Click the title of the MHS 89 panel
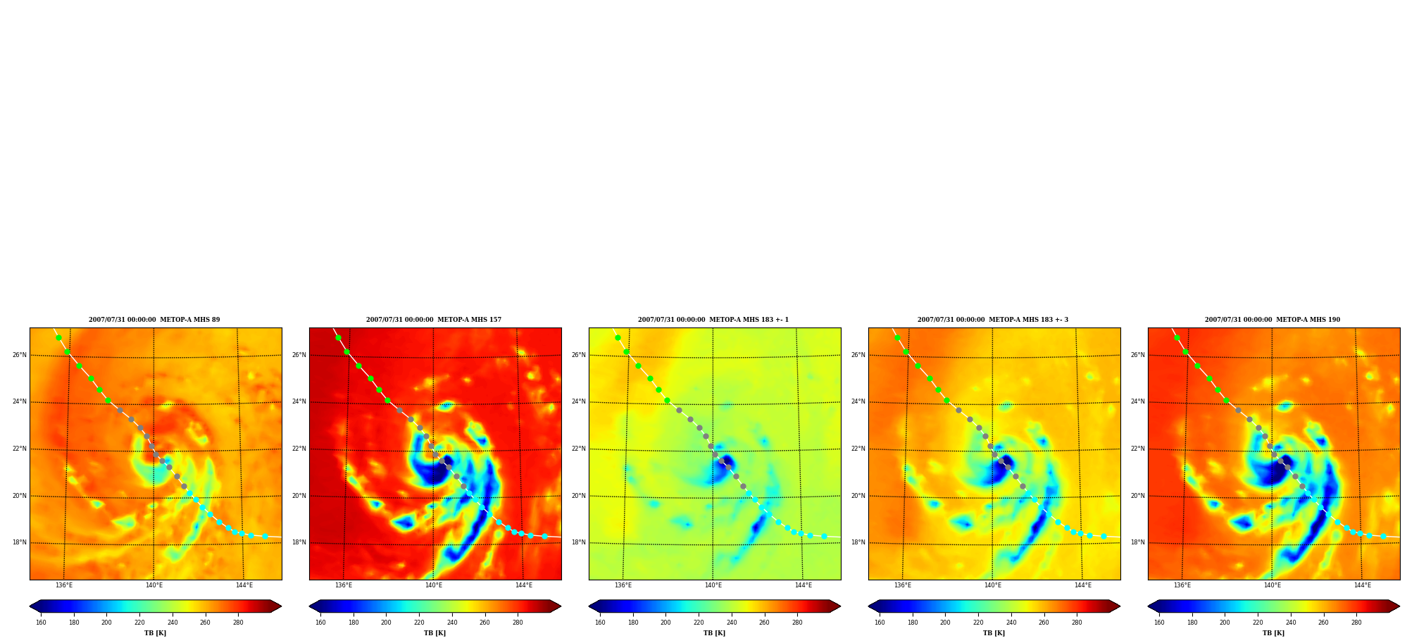154,320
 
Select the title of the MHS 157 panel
434,320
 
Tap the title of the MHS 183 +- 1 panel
713,320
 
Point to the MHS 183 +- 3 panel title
993,320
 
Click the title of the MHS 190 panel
1272,320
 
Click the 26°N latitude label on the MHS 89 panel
20,355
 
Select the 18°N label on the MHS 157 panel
299,542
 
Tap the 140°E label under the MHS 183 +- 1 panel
713,585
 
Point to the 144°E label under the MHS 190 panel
1363,585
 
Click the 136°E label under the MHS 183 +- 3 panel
903,585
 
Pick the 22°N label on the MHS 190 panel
1138,449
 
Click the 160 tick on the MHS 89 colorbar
41,623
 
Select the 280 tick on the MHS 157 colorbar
518,623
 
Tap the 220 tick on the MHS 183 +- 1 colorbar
699,623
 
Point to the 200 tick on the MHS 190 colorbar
1225,623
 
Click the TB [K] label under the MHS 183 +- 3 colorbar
994,633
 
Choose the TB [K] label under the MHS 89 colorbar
156,633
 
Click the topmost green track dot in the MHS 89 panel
59,337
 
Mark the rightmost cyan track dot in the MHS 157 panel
544,537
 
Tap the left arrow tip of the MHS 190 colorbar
1149,606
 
